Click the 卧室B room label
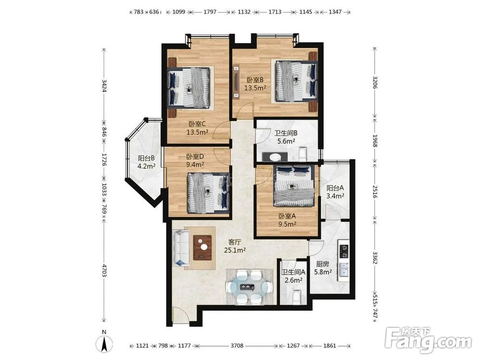coord(255,80)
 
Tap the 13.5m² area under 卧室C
coord(197,132)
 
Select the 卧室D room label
coord(195,157)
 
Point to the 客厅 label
coord(235,242)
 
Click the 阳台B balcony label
coord(146,158)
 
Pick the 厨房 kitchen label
coord(323,264)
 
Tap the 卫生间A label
coord(294,272)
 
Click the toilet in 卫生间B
coord(302,154)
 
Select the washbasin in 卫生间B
coord(275,157)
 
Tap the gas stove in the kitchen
coord(344,252)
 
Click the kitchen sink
coord(344,270)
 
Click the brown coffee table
coord(203,247)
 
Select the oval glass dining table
coord(250,287)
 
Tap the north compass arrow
coord(104,344)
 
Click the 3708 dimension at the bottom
coord(237,346)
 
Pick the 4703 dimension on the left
coord(104,271)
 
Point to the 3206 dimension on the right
coord(375,82)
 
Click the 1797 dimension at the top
coord(210,12)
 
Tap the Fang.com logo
coord(428,340)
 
